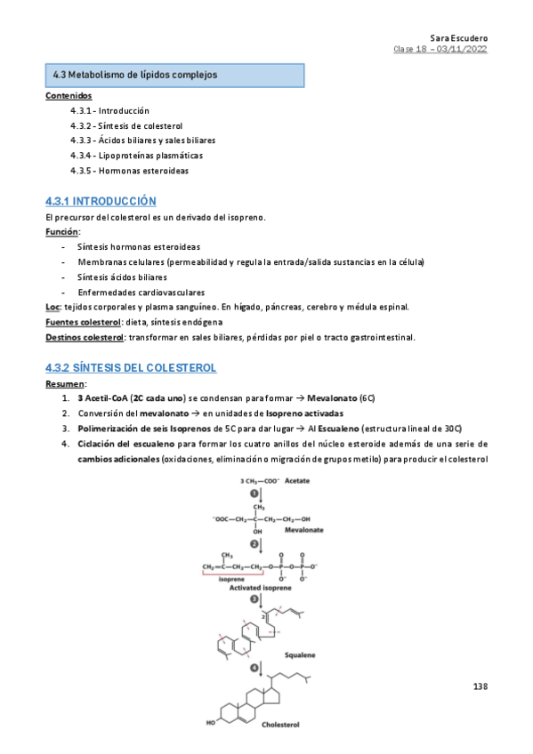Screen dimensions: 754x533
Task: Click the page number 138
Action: [x=481, y=686]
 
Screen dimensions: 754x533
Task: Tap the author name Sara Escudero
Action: [x=458, y=38]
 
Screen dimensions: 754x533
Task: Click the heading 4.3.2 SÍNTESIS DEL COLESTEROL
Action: [x=131, y=368]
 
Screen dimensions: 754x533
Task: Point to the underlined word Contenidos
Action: [x=68, y=95]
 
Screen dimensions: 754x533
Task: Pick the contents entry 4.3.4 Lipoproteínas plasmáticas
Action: [x=130, y=156]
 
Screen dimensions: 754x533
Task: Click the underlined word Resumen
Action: [x=65, y=383]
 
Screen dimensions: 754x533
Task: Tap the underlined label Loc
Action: [x=52, y=307]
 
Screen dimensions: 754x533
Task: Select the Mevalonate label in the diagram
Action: [x=304, y=529]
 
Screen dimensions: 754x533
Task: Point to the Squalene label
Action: [x=300, y=654]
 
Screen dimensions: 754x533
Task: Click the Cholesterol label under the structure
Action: [x=281, y=725]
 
